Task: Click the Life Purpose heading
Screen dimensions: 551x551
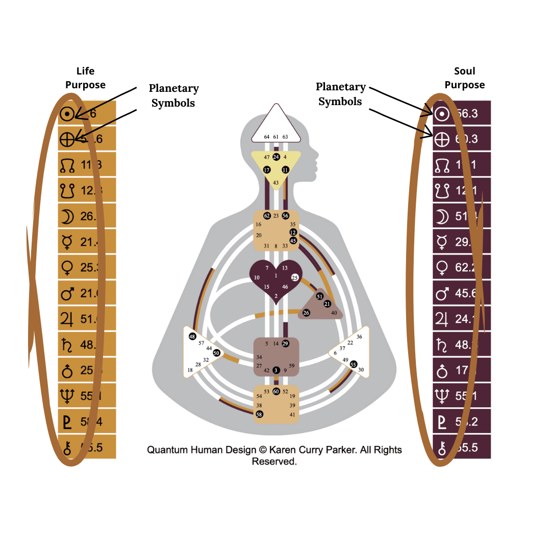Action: point(85,78)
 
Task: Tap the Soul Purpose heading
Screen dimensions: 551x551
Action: point(464,78)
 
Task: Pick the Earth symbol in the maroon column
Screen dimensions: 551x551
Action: point(442,139)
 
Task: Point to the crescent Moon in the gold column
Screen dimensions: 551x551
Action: point(68,216)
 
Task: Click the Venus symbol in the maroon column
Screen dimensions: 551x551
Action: point(442,267)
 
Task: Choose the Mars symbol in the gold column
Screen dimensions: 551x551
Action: point(68,293)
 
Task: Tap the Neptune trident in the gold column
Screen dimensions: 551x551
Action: point(68,395)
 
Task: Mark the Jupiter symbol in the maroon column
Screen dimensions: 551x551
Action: point(442,319)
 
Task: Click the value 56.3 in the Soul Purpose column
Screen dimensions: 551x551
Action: point(466,113)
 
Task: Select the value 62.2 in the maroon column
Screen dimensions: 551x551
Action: point(466,267)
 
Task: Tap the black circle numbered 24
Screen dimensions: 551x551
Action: point(276,157)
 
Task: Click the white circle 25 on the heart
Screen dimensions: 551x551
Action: point(294,278)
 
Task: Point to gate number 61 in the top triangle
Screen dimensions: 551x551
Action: point(276,137)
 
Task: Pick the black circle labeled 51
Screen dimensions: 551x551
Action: point(320,296)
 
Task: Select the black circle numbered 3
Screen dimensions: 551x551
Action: point(276,370)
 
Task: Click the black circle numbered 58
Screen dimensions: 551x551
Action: point(259,415)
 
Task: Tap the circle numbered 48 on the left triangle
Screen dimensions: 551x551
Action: point(192,337)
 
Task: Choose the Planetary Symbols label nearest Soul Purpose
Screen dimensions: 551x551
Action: point(340,94)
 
